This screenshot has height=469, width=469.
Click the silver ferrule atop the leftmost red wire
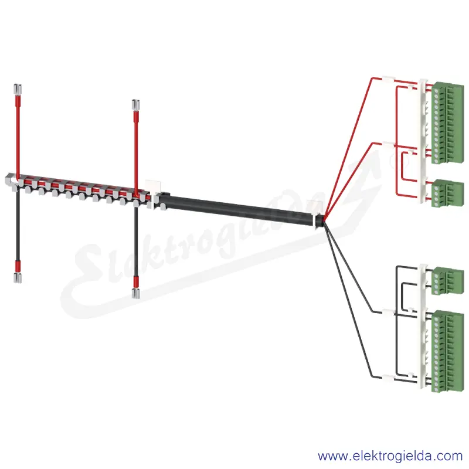click(18, 89)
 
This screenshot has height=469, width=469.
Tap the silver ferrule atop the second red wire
click(136, 104)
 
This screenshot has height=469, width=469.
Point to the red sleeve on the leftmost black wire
click(18, 266)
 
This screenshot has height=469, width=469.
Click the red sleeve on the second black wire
click(136, 281)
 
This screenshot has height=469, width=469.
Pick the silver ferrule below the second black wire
click(136, 294)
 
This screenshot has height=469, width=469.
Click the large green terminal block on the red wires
click(448, 123)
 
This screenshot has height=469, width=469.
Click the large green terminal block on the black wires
click(448, 351)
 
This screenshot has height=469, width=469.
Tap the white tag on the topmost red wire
click(389, 79)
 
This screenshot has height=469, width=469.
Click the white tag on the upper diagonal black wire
click(389, 312)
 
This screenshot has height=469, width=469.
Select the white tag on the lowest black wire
click(389, 378)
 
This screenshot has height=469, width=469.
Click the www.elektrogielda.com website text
click(390, 456)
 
